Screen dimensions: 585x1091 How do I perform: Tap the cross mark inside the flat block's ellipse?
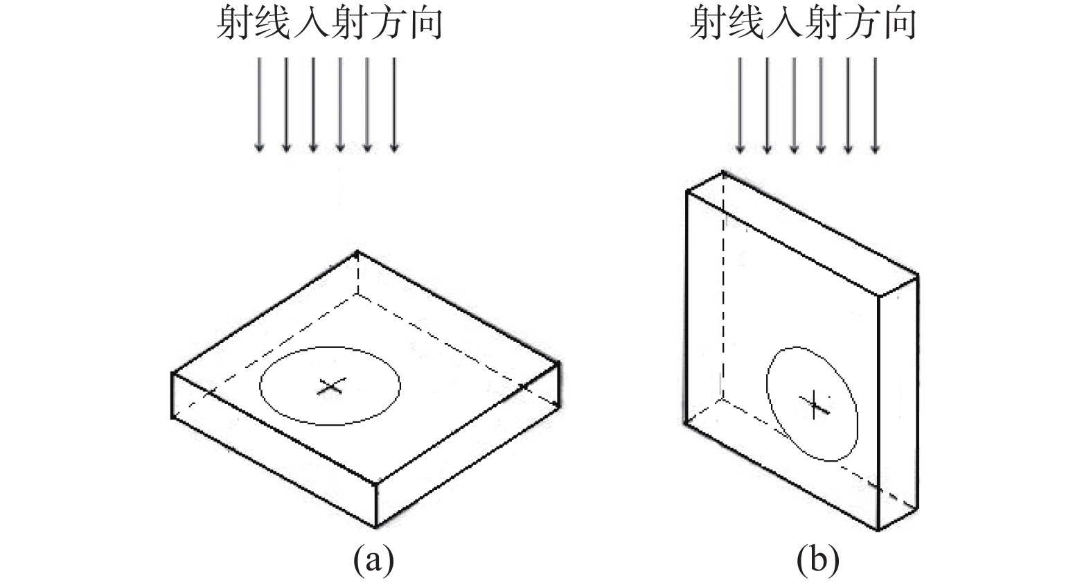[x=330, y=387]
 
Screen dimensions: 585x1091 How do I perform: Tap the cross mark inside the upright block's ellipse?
[x=815, y=404]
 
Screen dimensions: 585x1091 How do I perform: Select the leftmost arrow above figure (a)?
[x=259, y=104]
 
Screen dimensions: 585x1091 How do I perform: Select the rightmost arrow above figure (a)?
[x=394, y=104]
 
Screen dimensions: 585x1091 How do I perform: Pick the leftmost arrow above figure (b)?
[x=740, y=104]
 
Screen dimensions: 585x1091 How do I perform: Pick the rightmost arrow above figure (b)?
[x=875, y=104]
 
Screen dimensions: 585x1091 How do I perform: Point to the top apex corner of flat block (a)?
[x=357, y=251]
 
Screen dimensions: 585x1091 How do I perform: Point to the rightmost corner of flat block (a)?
[x=559, y=361]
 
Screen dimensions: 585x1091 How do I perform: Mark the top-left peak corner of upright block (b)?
[x=723, y=171]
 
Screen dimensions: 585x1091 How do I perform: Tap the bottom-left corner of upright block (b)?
[x=685, y=423]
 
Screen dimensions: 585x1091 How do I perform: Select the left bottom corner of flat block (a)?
[x=172, y=417]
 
